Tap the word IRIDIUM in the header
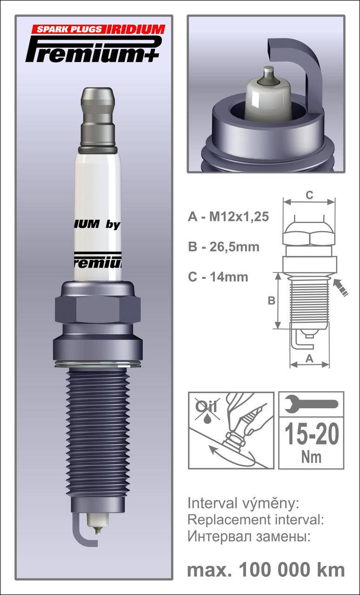click(x=136, y=29)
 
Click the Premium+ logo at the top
click(x=93, y=49)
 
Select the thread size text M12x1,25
click(x=239, y=217)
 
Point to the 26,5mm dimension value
click(x=234, y=247)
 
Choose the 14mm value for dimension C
click(x=229, y=277)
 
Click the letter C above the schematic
click(x=309, y=195)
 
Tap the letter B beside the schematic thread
click(x=271, y=301)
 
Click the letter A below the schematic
click(x=309, y=359)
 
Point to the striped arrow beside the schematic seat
click(x=340, y=287)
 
